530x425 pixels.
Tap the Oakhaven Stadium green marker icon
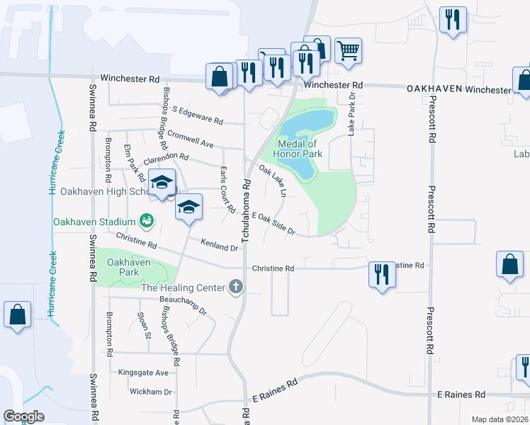point(147,221)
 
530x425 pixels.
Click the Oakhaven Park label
point(128,267)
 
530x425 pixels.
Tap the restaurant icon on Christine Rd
point(382,273)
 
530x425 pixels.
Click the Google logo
point(23,416)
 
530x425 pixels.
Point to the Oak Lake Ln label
point(274,181)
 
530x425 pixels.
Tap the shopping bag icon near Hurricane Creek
point(17,314)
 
